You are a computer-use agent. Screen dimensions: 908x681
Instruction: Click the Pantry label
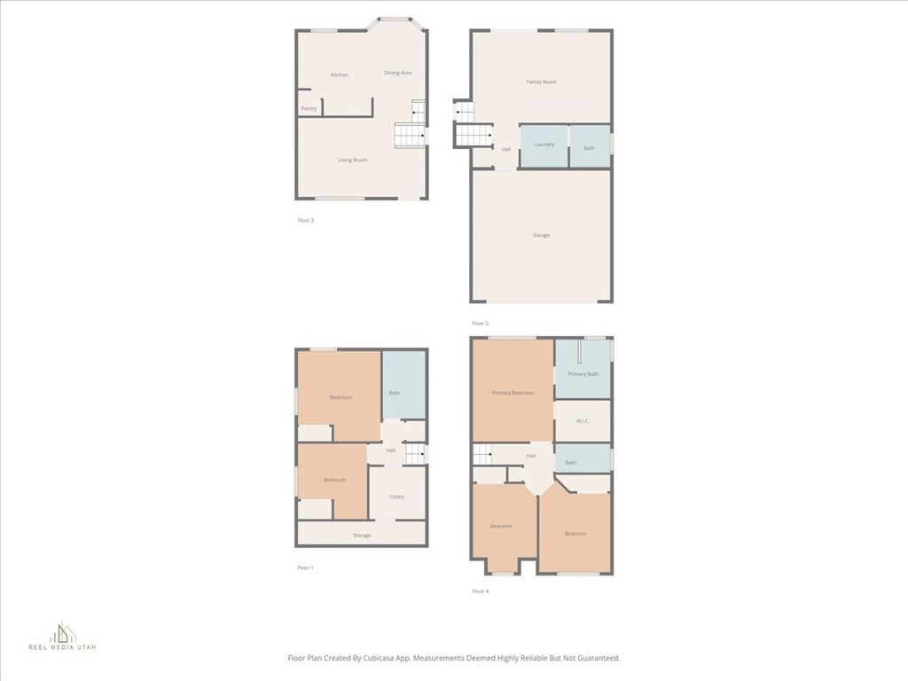(309, 108)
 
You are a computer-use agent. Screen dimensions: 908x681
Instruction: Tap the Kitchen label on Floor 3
(340, 74)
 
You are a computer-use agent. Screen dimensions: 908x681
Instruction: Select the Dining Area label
(398, 73)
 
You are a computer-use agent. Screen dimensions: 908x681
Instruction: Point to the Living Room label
(352, 160)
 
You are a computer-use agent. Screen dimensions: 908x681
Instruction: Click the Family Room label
(541, 82)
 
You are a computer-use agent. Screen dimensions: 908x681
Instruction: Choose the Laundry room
(544, 146)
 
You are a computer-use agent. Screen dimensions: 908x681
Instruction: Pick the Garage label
(541, 235)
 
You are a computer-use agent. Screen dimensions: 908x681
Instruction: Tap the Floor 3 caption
(305, 220)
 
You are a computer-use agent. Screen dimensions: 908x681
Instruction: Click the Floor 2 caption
(480, 323)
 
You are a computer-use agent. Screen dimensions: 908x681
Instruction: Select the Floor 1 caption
(305, 567)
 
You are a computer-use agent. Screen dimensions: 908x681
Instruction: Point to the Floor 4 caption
(480, 591)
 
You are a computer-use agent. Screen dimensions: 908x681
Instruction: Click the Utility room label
(396, 497)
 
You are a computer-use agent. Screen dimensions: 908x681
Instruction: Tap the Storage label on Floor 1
(362, 535)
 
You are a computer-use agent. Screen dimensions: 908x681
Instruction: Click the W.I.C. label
(583, 421)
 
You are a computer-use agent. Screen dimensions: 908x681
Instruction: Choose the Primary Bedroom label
(513, 393)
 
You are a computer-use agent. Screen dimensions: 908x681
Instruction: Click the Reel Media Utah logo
(63, 636)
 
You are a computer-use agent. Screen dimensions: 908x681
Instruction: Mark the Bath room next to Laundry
(590, 146)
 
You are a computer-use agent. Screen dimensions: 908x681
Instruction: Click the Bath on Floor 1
(404, 385)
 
